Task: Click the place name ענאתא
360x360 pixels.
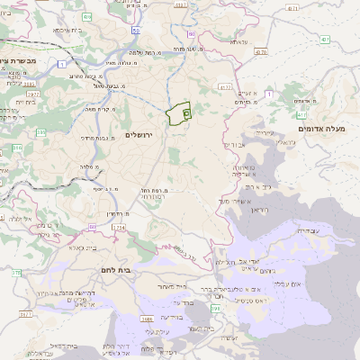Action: point(238,42)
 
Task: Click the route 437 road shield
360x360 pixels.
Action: point(323,40)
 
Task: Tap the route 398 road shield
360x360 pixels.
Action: point(215,309)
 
